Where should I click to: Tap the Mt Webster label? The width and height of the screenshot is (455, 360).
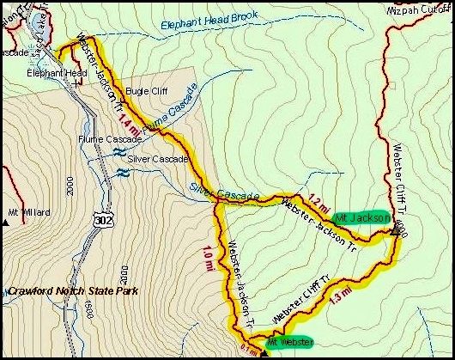click(289, 342)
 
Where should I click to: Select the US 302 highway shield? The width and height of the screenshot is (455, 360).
click(99, 222)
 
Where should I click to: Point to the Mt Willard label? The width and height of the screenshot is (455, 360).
click(29, 212)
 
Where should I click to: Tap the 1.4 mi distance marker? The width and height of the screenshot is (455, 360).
click(125, 121)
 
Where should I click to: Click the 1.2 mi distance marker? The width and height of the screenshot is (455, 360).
click(317, 200)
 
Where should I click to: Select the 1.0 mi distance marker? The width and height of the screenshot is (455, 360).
click(208, 258)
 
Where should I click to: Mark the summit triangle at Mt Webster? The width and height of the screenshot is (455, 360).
click(264, 349)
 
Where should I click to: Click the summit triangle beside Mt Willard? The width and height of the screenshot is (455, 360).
click(6, 221)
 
